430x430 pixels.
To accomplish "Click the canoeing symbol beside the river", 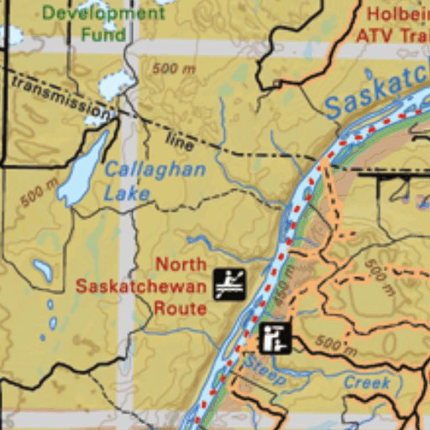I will coord(228,285).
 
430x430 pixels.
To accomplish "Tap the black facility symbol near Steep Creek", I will coord(275,338).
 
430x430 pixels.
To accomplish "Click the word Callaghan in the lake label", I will coord(155,170).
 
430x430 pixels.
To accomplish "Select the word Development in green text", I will coord(103,13).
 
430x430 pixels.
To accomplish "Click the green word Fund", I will coord(103,34).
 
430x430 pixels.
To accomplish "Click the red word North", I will coord(181,265).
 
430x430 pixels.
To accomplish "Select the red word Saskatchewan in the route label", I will coord(140,286).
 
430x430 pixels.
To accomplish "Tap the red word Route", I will coord(180,307).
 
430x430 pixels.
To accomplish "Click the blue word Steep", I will coord(264,371).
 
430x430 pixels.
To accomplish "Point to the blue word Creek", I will coord(367,383).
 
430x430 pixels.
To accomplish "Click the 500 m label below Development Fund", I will coord(174,69).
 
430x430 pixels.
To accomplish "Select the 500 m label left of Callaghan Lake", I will coord(39,192).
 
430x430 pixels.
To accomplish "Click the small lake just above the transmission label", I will coord(115,83).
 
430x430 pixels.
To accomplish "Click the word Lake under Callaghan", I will coord(126,193).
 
